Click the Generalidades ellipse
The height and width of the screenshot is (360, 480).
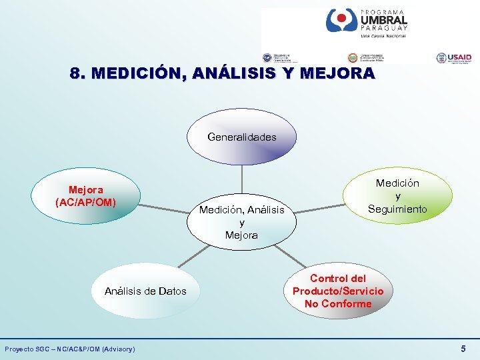tap(241, 137)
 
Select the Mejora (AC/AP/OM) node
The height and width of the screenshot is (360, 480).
tap(85, 196)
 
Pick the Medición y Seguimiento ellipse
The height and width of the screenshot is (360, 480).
tap(397, 196)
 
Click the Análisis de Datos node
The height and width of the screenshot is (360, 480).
tap(145, 291)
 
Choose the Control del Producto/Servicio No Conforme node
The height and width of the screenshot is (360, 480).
tap(338, 291)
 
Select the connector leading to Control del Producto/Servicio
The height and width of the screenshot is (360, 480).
tap(290, 256)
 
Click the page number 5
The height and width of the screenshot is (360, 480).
tap(463, 349)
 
